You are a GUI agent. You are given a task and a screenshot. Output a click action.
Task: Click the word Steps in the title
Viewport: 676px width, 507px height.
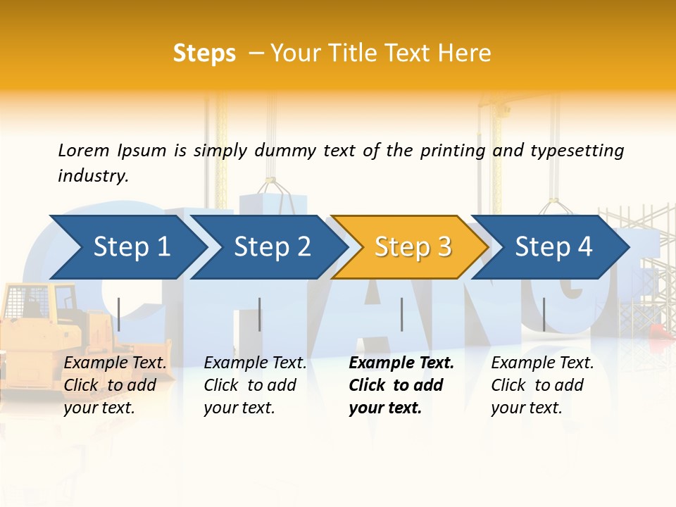point(204,54)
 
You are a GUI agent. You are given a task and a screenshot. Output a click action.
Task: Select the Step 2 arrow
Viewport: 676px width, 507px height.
point(272,247)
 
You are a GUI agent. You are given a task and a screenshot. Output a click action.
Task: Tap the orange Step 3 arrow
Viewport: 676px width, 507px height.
point(413,247)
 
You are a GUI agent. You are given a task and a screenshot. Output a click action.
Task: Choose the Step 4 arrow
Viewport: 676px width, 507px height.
point(553,247)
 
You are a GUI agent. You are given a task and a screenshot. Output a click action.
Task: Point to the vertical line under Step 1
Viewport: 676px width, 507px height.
point(119,314)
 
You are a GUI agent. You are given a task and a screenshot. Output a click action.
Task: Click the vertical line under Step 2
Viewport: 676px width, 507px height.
point(260,314)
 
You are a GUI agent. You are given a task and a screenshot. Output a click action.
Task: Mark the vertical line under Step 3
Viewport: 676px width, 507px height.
point(401,314)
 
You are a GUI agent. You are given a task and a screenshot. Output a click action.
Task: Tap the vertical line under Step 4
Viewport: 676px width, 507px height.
point(544,314)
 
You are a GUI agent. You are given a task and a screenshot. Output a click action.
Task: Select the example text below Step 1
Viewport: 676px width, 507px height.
point(115,385)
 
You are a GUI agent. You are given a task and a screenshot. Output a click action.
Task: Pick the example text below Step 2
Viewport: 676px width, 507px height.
point(255,385)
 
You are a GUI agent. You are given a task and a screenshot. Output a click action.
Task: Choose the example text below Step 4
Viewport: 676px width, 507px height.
point(542,385)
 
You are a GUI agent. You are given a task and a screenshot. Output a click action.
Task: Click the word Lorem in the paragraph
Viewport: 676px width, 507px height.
point(84,151)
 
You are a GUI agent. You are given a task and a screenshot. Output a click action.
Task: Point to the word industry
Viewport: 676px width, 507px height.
point(93,176)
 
